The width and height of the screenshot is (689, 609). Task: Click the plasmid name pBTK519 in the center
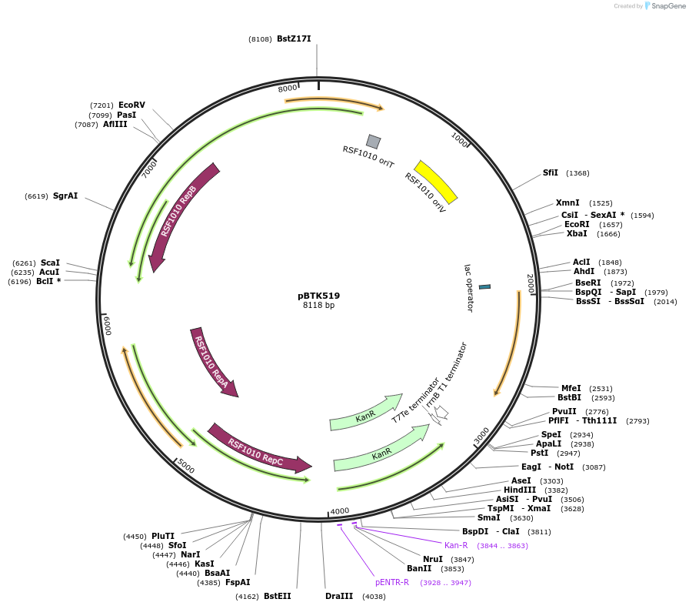click(x=318, y=296)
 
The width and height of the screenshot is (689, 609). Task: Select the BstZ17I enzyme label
click(x=294, y=38)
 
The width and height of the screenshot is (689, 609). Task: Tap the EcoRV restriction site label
click(x=131, y=105)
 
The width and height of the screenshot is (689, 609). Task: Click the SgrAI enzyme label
click(x=65, y=196)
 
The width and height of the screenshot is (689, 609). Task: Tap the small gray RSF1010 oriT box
click(x=373, y=142)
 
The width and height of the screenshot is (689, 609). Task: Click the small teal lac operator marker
click(x=484, y=286)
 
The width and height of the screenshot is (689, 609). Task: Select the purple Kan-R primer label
click(x=456, y=545)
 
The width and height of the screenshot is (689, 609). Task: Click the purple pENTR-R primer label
click(x=392, y=582)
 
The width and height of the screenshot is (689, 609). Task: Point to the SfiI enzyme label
click(x=551, y=172)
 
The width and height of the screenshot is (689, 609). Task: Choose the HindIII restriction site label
click(x=520, y=490)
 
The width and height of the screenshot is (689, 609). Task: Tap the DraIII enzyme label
click(x=339, y=596)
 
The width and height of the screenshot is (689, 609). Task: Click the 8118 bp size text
click(x=318, y=306)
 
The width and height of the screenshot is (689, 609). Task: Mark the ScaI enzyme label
click(x=50, y=263)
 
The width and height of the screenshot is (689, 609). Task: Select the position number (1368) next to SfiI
click(x=577, y=173)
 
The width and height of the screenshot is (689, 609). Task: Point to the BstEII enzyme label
click(x=278, y=596)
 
